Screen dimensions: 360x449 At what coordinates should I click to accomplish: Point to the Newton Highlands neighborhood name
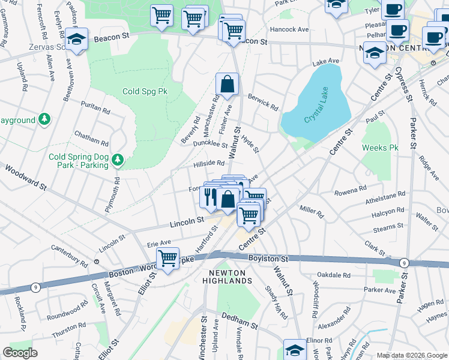click(230, 277)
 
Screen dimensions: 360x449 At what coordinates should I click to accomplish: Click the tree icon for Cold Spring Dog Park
click(119, 159)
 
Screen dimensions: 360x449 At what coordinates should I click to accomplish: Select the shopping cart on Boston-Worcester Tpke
click(168, 259)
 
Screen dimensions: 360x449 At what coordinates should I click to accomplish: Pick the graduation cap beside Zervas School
click(76, 39)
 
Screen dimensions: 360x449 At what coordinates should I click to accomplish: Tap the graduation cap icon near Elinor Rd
click(295, 350)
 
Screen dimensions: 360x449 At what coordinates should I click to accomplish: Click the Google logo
click(20, 353)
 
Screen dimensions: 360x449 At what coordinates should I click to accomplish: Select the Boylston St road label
click(268, 259)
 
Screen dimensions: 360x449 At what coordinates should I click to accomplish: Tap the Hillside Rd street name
click(208, 163)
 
